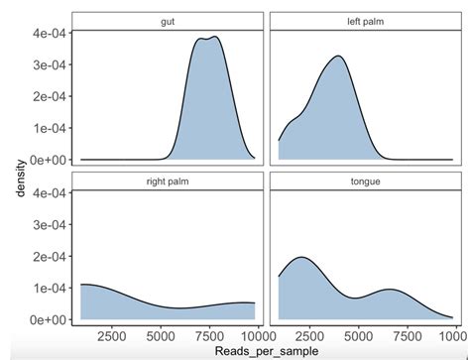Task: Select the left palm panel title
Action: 363,21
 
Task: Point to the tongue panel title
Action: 363,181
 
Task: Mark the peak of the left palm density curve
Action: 338,56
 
